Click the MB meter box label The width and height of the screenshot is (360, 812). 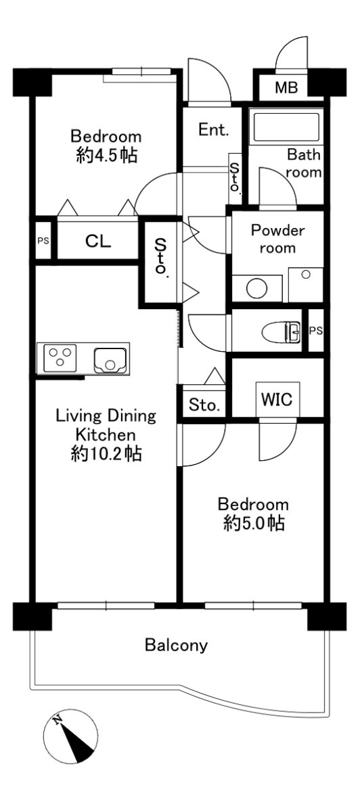286,87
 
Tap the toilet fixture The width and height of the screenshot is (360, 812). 281,332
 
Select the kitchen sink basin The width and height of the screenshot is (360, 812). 110,360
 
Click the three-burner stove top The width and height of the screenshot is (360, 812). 60,357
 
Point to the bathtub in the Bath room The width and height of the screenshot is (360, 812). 286,127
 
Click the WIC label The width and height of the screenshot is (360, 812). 277,399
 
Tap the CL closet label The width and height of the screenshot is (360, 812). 98,241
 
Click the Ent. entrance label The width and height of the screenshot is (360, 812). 214,129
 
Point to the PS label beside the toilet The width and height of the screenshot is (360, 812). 316,331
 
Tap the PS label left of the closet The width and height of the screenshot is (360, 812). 43,241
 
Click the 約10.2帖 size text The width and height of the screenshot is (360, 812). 106,453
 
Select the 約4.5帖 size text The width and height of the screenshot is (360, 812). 107,156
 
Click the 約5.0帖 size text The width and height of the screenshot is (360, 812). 254,523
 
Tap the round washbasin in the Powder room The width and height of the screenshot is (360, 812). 256,289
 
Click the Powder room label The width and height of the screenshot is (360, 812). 277,240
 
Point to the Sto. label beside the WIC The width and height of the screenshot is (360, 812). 204,405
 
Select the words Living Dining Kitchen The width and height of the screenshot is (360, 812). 106,425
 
